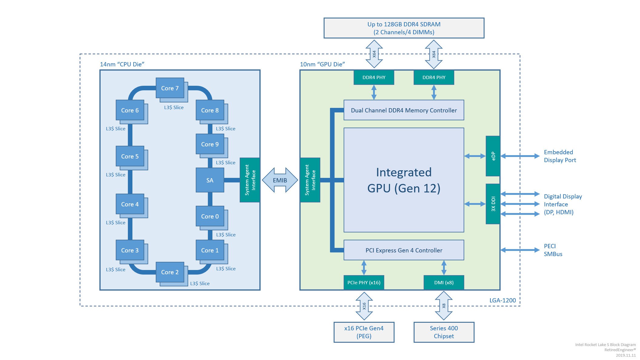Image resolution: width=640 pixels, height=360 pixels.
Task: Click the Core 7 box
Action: click(x=170, y=88)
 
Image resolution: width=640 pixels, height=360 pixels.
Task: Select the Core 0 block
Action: click(x=210, y=216)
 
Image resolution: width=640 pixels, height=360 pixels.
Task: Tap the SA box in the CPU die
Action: click(x=210, y=180)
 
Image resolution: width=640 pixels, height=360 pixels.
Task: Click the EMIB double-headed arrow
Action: click(x=280, y=180)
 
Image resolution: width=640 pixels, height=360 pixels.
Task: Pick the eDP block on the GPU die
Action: click(x=493, y=156)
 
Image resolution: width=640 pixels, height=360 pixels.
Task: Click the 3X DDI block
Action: click(x=493, y=204)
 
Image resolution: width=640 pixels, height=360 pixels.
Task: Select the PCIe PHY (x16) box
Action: click(x=364, y=282)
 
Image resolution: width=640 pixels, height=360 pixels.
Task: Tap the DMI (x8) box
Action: click(x=444, y=282)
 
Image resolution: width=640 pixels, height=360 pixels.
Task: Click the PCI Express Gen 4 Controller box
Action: click(x=404, y=250)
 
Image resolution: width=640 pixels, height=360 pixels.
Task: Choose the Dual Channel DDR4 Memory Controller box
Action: click(x=404, y=110)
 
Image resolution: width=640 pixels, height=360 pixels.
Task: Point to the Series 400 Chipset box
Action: click(x=444, y=332)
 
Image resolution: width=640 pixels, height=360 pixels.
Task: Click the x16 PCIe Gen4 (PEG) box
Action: click(x=364, y=332)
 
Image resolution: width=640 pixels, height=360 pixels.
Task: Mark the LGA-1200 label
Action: click(x=502, y=300)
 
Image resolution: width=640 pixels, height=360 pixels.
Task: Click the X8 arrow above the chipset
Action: click(x=444, y=306)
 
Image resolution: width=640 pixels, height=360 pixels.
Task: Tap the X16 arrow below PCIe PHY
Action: click(x=364, y=306)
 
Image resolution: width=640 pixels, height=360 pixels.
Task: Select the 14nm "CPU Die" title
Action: click(x=122, y=64)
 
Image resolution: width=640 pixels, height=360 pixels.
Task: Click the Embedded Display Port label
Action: click(x=560, y=156)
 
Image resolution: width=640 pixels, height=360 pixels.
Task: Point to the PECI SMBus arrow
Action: click(x=520, y=250)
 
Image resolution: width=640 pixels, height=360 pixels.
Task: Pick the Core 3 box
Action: click(x=130, y=250)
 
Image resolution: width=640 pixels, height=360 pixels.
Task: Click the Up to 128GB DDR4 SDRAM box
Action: click(x=404, y=28)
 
